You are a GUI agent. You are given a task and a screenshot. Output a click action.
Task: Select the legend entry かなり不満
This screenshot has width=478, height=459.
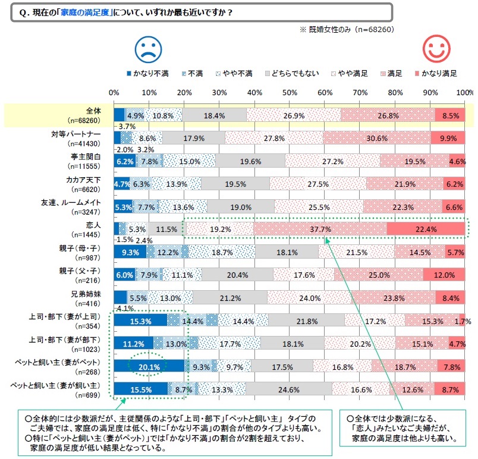click(149, 74)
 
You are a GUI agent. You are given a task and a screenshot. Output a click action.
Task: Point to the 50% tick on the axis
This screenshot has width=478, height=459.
click(290, 93)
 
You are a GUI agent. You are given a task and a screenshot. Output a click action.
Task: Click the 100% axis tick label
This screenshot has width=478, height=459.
click(465, 93)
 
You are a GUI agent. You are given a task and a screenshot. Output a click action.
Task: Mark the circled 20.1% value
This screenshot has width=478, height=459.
click(149, 367)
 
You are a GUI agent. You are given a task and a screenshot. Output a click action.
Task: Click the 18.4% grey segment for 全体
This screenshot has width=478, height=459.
click(214, 115)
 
